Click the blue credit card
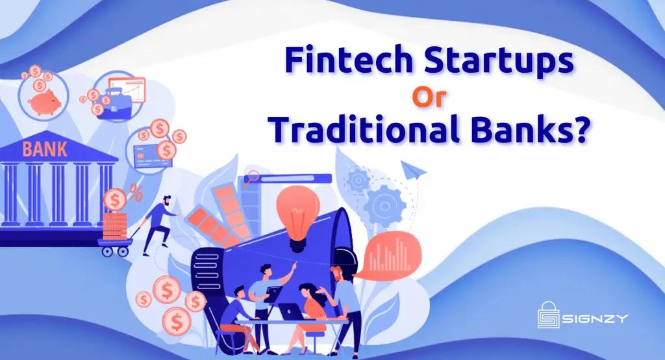point(145,153)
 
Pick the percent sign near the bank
point(136,192)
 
